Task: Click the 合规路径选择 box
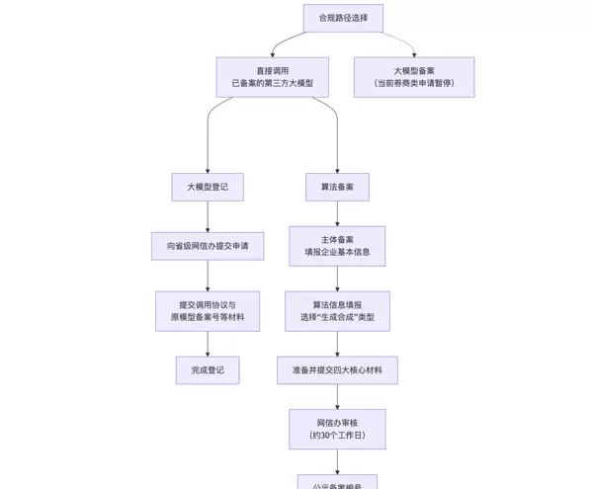(x=343, y=18)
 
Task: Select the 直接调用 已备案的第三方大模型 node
(x=272, y=77)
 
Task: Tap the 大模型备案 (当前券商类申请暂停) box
(x=414, y=77)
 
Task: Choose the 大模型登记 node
(x=207, y=187)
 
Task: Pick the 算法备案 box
(x=337, y=187)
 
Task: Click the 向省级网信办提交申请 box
(x=208, y=246)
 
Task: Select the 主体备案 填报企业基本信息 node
(x=337, y=246)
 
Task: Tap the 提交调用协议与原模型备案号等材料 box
(x=208, y=311)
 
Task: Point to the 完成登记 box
(x=208, y=370)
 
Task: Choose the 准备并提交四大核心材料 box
(x=337, y=370)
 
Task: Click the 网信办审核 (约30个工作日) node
(x=337, y=429)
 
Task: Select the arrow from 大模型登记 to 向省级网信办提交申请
(x=208, y=216)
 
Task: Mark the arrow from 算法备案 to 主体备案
(x=337, y=213)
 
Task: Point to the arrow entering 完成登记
(x=208, y=344)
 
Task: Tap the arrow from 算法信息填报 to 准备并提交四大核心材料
(x=337, y=344)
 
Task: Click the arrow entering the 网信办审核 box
(x=337, y=397)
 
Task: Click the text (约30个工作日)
(x=337, y=436)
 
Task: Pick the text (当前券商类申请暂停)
(x=414, y=84)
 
